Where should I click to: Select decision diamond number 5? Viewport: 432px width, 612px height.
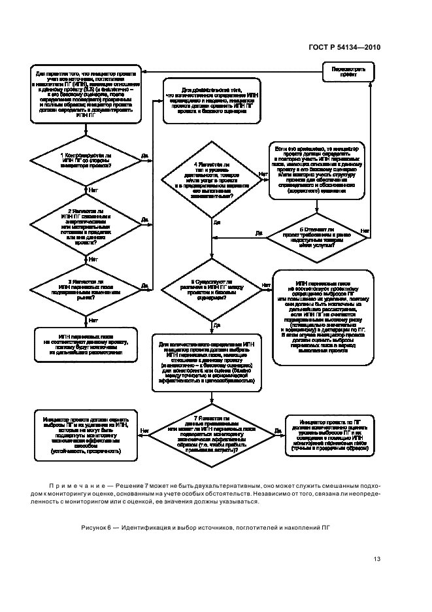click(x=316, y=234)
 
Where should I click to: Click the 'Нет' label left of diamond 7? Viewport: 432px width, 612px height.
click(x=144, y=432)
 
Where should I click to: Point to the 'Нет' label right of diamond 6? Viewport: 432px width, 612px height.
click(x=266, y=285)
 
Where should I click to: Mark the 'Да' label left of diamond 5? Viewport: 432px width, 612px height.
click(x=258, y=232)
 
